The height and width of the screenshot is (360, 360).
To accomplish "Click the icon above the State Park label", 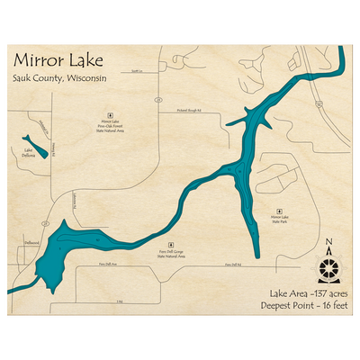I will click(280, 207).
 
